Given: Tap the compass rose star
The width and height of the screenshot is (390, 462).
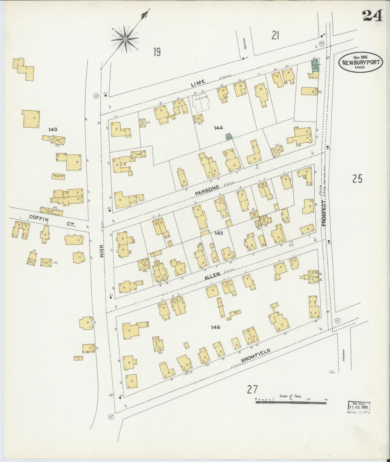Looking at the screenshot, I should click(125, 40).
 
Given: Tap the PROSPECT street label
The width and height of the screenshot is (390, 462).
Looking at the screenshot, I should click(324, 213).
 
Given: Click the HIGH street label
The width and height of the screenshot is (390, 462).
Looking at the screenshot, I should click(102, 251).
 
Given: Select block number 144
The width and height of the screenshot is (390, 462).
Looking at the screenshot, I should click(218, 128).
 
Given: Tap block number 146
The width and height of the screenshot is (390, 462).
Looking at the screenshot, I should click(216, 327).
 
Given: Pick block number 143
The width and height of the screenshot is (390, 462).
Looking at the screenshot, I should click(53, 130).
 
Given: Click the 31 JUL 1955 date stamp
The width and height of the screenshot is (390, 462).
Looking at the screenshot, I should click(359, 407).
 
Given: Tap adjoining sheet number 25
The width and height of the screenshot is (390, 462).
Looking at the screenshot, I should click(357, 179).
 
